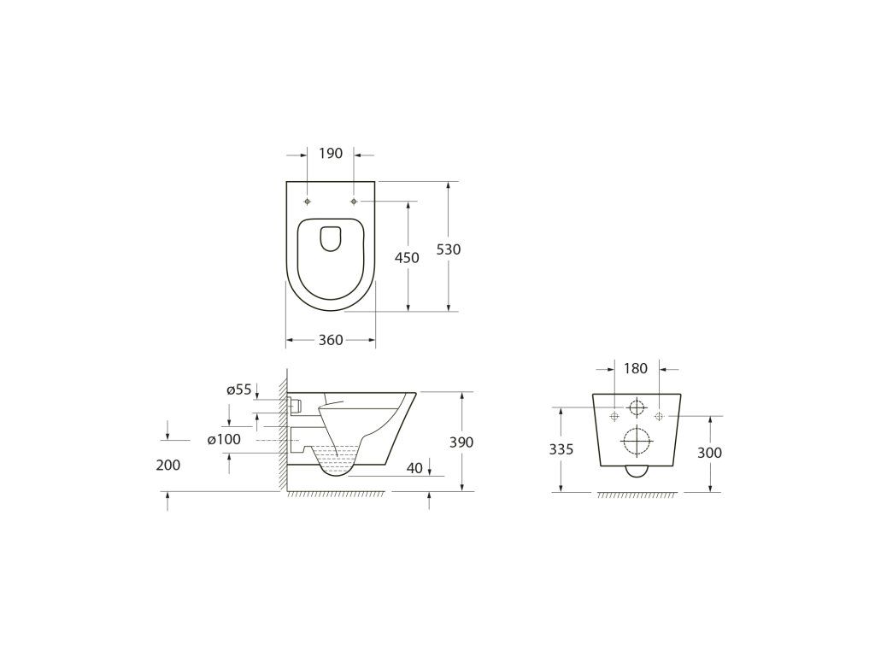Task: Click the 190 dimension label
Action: coord(331,154)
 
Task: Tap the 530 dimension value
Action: coord(449,249)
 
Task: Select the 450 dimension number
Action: coord(407,258)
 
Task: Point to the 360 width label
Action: coord(331,340)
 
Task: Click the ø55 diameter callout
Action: coord(239,389)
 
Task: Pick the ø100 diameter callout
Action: coord(224,439)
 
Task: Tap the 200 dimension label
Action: coord(168,465)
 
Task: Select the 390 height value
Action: coord(461,442)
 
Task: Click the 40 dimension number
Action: coord(414,468)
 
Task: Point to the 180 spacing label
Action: coord(636,369)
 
